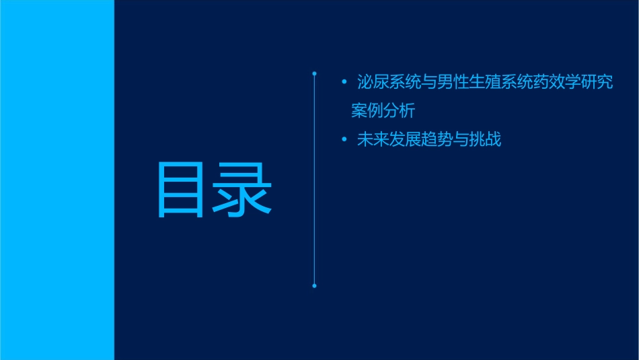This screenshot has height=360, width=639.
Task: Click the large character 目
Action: click(181, 189)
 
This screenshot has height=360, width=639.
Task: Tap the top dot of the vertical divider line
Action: click(314, 73)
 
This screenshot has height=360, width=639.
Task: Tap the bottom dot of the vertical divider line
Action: click(314, 286)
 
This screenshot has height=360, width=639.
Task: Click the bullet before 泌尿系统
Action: click(344, 83)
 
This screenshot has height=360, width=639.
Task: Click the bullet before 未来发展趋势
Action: click(344, 140)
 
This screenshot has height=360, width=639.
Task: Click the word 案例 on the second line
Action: click(367, 110)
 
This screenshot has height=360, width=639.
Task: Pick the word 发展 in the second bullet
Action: click(404, 140)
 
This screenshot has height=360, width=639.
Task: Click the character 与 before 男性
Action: click(428, 83)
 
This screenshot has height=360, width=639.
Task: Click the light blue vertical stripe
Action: click(57, 180)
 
